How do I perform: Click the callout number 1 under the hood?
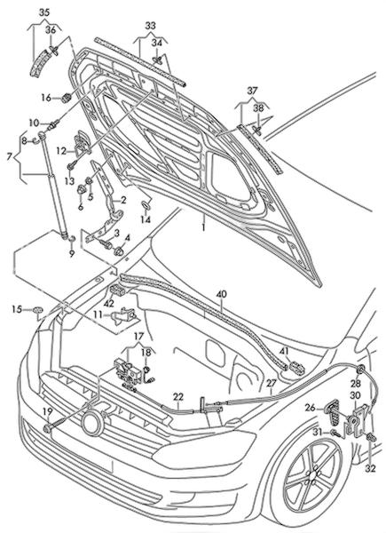click(x=204, y=227)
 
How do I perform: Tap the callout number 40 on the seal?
click(x=221, y=294)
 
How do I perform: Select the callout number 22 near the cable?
click(x=177, y=397)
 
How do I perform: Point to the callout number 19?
click(x=48, y=412)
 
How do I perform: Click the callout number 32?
click(x=371, y=468)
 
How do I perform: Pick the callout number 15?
click(x=17, y=309)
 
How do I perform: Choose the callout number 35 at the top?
click(x=44, y=12)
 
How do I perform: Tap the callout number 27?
click(x=272, y=383)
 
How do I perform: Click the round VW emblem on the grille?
click(x=92, y=424)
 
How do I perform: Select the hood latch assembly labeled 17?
click(x=126, y=372)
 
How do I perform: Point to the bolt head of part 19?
click(x=48, y=428)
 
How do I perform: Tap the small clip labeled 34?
click(x=157, y=60)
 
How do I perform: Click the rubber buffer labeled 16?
click(x=65, y=98)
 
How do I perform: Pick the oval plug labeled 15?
click(x=38, y=310)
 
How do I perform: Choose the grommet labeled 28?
click(x=360, y=369)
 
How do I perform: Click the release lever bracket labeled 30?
click(x=356, y=421)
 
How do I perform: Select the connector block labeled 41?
click(x=296, y=368)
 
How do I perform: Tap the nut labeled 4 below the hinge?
click(x=119, y=251)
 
